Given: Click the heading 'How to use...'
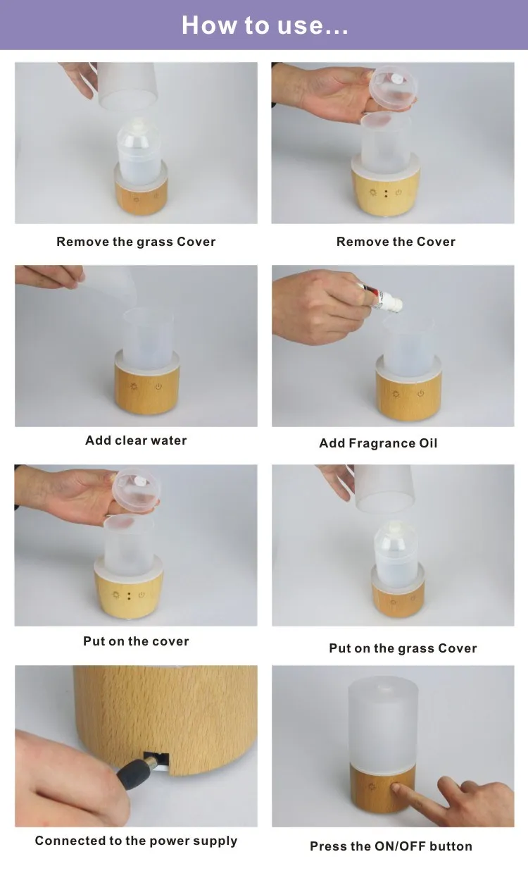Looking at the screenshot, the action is click(265, 25).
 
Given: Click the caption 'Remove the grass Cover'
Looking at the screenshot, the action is click(136, 242).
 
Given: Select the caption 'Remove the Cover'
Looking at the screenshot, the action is click(396, 242).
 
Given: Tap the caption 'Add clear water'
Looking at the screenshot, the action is click(136, 440).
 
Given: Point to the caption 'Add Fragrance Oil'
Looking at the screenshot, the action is click(378, 443).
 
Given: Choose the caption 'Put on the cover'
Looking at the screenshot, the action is click(136, 641).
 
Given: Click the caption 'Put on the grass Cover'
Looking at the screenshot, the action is click(403, 648).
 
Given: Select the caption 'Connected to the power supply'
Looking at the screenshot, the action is click(136, 841).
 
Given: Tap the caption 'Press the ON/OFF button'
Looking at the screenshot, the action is click(391, 846).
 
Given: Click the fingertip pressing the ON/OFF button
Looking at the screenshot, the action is click(395, 788).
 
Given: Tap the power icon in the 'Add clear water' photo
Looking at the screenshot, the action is click(158, 387).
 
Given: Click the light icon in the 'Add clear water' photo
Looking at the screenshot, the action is click(134, 386).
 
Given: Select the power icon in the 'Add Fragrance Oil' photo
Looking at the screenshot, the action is click(421, 394).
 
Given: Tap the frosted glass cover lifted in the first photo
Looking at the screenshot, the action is click(127, 85).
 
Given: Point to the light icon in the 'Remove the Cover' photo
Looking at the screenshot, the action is click(373, 192).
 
